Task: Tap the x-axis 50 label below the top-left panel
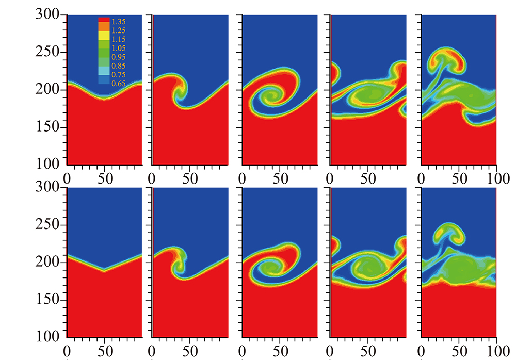105,178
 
